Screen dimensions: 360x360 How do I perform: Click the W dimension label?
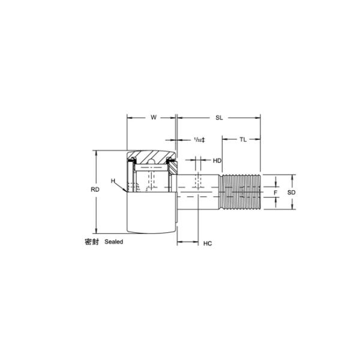[x=154, y=118]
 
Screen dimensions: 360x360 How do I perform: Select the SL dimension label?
[x=219, y=118]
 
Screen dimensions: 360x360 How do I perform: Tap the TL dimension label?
[x=242, y=139]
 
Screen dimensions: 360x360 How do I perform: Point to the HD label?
[x=217, y=160]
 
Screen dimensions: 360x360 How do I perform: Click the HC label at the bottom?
[x=208, y=244]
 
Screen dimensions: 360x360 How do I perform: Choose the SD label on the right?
[x=291, y=193]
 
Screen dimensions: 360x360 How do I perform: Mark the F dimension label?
[x=275, y=193]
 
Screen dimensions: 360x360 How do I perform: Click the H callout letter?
[x=112, y=181]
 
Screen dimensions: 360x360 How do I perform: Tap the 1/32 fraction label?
[x=199, y=140]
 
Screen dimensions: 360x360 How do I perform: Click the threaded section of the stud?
[x=241, y=192]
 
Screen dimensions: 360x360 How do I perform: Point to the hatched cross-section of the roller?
[x=154, y=157]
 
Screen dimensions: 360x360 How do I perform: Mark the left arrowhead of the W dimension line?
[x=128, y=118]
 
